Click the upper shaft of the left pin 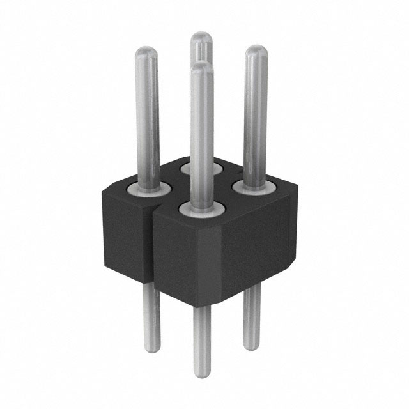point(148,115)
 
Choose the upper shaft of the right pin point(256,115)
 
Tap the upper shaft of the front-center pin point(201,134)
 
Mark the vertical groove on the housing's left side point(153,246)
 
